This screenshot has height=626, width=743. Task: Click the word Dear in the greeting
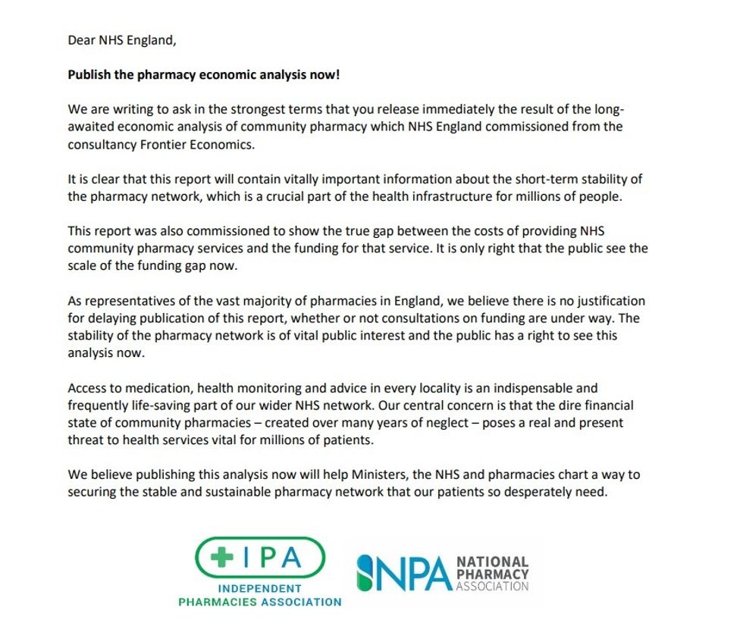(82, 41)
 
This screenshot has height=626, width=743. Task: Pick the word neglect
(428, 423)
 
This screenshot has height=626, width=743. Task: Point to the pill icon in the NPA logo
(366, 573)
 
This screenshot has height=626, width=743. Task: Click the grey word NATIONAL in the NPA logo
(492, 562)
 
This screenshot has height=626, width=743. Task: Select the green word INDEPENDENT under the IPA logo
(259, 589)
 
